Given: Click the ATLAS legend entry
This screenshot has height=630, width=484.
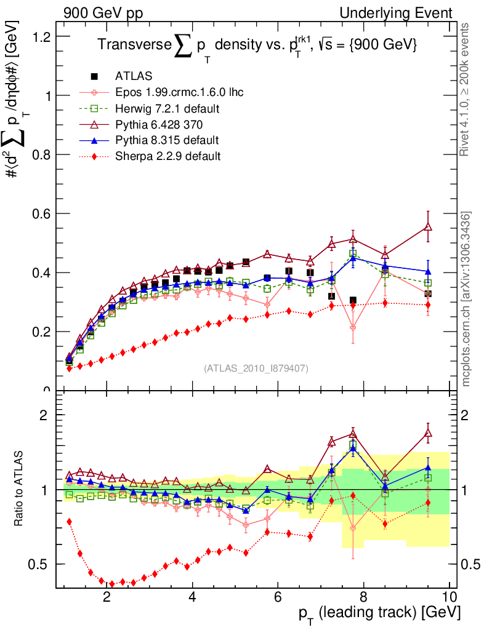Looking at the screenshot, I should point(130,76).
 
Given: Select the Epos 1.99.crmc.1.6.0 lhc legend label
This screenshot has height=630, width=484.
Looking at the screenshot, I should point(179,92).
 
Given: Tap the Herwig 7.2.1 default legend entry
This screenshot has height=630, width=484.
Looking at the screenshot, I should point(168,108).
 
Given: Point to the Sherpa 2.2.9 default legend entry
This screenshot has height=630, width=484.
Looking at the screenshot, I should point(167,156).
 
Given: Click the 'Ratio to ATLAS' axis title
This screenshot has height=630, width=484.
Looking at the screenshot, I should point(19,490).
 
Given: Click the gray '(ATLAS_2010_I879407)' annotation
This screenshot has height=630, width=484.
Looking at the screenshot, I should point(256,369).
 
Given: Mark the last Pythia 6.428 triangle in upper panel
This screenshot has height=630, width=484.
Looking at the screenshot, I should point(428,227).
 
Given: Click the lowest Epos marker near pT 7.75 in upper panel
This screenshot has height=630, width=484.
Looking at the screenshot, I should point(353,328).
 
